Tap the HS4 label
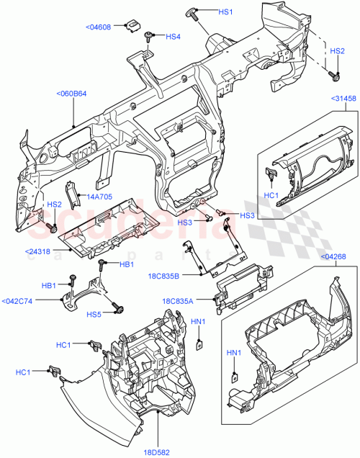(173, 37)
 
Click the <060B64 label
(71, 93)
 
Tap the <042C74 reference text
(17, 301)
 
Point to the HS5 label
(94, 314)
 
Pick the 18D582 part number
(163, 452)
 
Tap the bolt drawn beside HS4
(149, 35)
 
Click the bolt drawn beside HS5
(116, 310)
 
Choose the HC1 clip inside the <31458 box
(273, 174)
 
